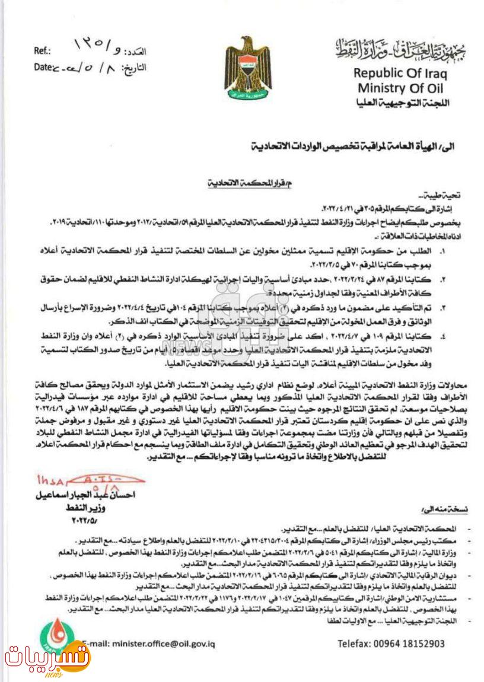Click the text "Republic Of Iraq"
click(400, 74)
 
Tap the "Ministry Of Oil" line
click(400, 88)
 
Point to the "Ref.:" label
click(42, 52)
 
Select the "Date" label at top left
click(43, 67)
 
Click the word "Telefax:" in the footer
click(356, 643)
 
